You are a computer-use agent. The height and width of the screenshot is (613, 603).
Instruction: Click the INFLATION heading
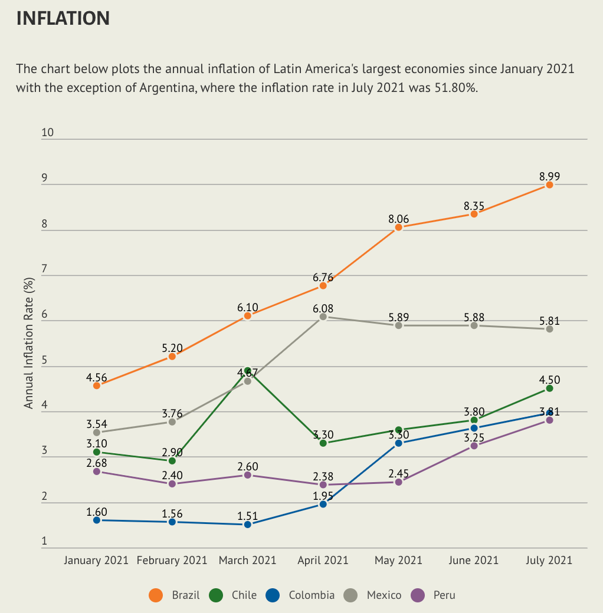63,18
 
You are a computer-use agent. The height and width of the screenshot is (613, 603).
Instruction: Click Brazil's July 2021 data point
549,184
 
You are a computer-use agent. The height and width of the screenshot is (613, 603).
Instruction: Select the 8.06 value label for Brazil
398,219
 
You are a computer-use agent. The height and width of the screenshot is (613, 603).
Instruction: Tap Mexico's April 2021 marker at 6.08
323,317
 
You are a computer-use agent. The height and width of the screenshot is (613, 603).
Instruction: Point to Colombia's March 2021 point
248,524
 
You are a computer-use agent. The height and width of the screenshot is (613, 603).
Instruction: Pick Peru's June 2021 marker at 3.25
474,446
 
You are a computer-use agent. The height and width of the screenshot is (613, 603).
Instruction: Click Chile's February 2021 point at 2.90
172,460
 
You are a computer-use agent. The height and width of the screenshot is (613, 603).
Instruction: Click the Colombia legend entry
301,595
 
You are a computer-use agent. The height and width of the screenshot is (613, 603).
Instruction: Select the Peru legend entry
434,595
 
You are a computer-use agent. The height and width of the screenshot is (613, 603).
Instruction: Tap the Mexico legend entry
373,595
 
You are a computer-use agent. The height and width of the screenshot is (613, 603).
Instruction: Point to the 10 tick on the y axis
47,133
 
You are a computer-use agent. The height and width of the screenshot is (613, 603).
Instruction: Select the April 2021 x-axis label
323,560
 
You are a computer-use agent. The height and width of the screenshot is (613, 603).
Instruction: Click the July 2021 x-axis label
549,560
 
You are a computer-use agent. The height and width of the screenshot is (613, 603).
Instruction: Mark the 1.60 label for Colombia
97,512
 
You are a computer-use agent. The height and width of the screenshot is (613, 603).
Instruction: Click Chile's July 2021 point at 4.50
549,388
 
